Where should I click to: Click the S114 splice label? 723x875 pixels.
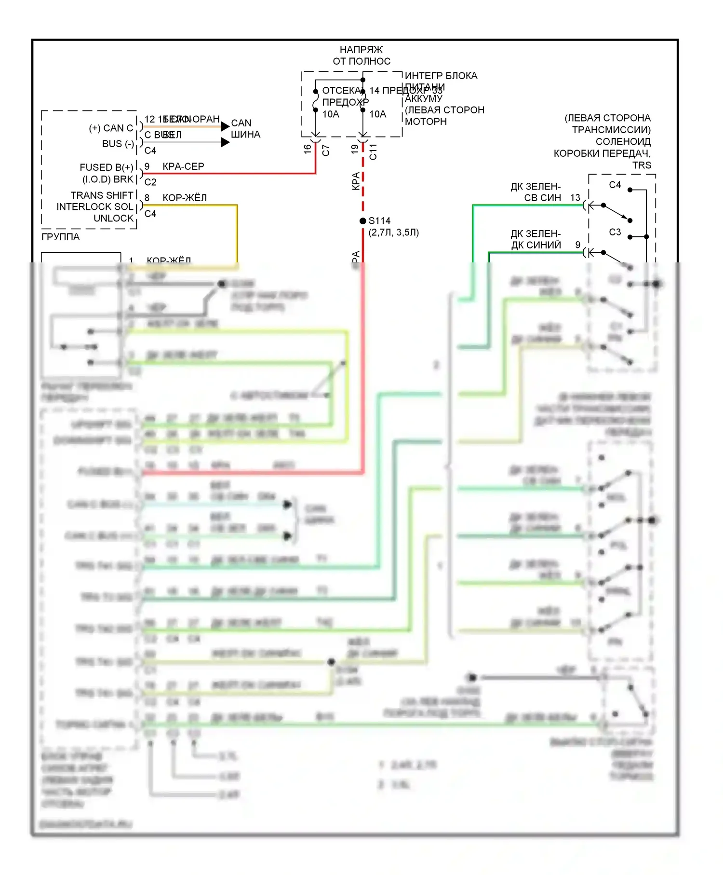379,221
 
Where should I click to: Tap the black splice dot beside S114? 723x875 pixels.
363,221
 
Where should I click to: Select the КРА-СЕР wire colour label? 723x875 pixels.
183,166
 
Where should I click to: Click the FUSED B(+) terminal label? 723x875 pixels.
107,167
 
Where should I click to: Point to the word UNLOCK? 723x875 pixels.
113,218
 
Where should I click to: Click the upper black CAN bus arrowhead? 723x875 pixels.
225,126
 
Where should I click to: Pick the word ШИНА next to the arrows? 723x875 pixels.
245,135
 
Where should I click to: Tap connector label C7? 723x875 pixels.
326,150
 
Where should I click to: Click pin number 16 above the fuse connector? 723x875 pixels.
308,150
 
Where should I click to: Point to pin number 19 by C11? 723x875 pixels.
355,149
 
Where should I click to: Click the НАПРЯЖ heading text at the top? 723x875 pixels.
361,50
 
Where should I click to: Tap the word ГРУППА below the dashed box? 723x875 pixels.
61,237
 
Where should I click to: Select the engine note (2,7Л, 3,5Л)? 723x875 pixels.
394,232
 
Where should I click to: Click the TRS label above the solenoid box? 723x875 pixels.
642,165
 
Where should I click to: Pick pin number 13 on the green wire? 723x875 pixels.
575,198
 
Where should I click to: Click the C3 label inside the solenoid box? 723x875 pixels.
615,232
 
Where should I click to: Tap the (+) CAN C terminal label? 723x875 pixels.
111,128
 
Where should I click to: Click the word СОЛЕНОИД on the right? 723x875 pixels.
623,142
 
